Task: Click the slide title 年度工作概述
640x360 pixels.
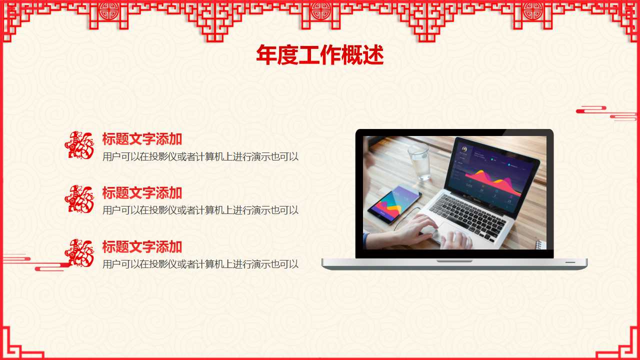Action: (x=319, y=55)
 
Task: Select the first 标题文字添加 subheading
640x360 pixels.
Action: (x=142, y=139)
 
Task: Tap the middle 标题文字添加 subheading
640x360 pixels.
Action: (x=142, y=192)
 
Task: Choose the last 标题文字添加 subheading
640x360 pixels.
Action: (x=142, y=246)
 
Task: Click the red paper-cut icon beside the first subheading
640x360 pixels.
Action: (x=79, y=145)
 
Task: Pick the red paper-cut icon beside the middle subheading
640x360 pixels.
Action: (x=79, y=199)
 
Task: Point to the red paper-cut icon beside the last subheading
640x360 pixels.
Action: (x=79, y=253)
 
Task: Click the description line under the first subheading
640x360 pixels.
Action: (x=200, y=156)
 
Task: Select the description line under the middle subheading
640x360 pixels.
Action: (x=200, y=210)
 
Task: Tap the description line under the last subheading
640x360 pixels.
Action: (x=200, y=264)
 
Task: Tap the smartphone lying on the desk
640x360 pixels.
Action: (x=394, y=204)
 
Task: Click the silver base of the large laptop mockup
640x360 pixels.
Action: (x=454, y=264)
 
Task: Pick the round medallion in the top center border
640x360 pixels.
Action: (x=320, y=10)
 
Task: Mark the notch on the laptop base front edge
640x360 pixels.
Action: (x=454, y=260)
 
